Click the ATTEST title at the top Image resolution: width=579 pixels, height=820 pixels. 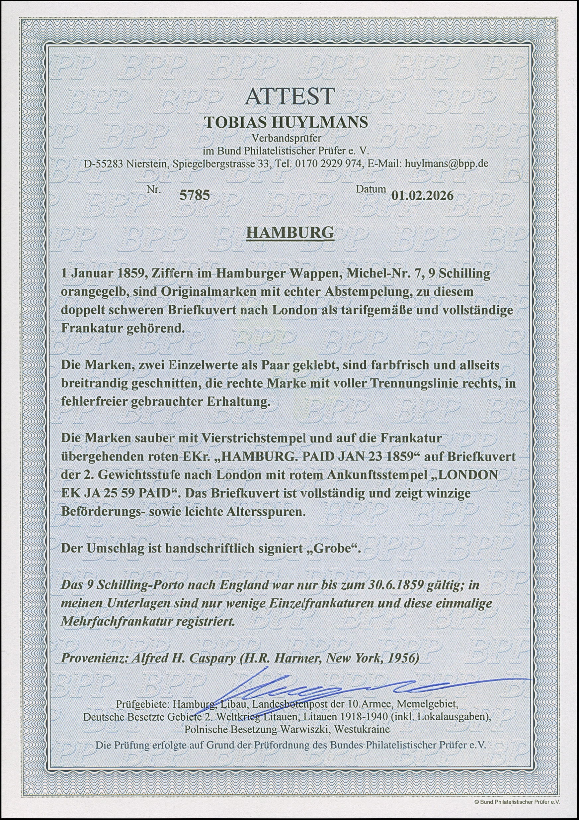point(289,97)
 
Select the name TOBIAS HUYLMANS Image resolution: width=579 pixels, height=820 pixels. point(286,122)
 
